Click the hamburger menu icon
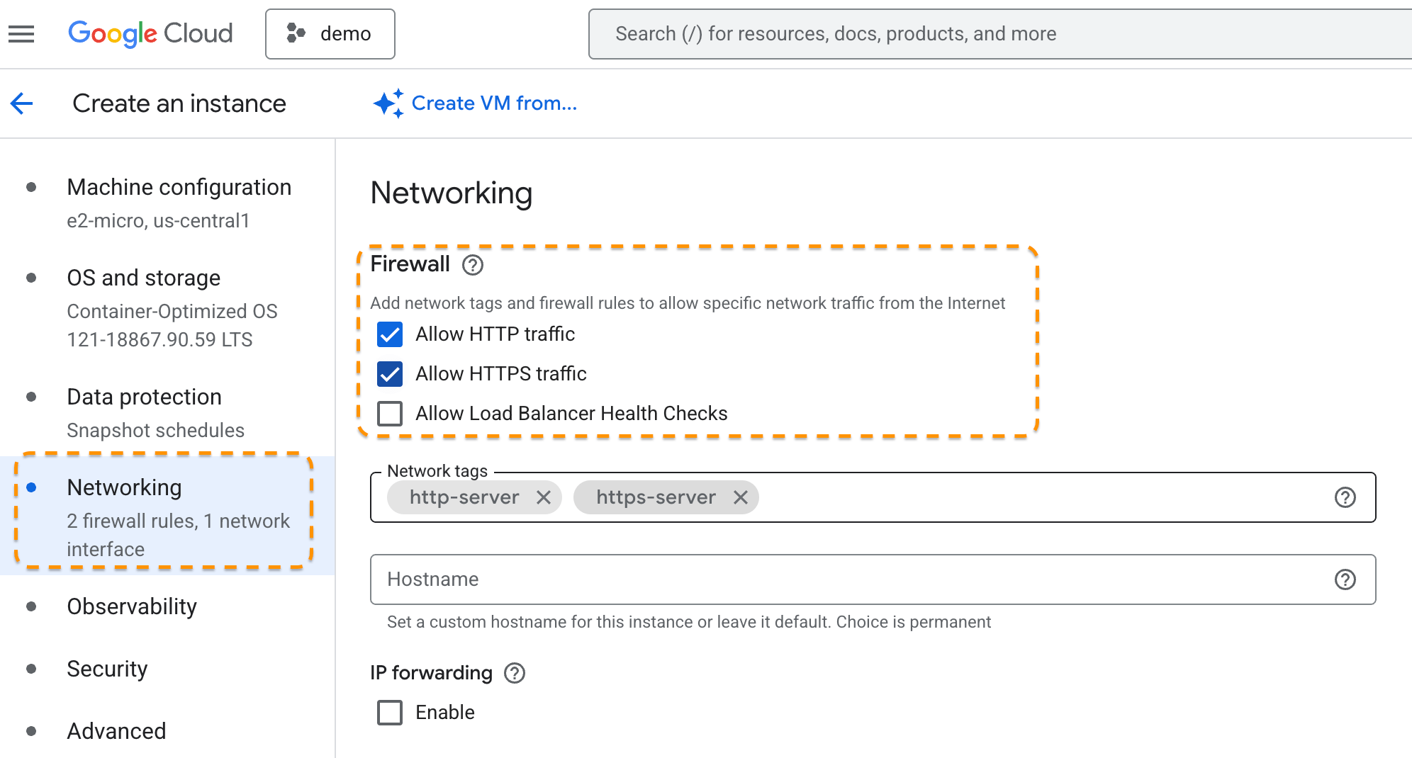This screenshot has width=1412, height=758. [21, 34]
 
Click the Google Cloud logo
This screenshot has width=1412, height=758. [150, 33]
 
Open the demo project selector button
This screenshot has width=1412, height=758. [330, 34]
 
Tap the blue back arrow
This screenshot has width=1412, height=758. [22, 103]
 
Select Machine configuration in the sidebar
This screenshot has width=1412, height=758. [179, 187]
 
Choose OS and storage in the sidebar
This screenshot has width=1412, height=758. [143, 278]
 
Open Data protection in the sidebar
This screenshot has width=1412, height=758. [144, 397]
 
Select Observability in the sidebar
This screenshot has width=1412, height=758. [132, 606]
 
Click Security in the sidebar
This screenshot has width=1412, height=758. [107, 669]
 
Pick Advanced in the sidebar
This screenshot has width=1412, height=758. [116, 731]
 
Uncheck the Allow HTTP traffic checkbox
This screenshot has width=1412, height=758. [390, 334]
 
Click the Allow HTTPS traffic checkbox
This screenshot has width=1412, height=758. [390, 374]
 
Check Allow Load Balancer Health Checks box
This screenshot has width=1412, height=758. [390, 414]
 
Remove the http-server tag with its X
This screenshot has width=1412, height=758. [544, 497]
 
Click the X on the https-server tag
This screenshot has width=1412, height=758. [741, 497]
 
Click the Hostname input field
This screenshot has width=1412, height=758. [851, 579]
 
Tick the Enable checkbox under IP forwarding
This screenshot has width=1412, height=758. [390, 713]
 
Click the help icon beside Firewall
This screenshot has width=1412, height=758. [473, 265]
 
